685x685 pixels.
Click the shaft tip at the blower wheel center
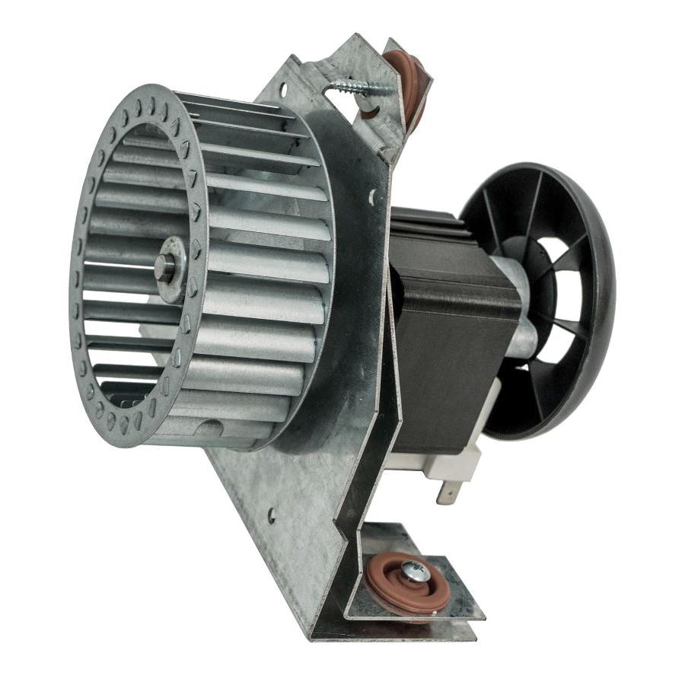pos(161,268)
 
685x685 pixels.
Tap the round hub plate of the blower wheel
pos(171,269)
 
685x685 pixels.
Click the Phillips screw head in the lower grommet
pos(416,569)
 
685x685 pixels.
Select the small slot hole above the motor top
pos(372,200)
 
